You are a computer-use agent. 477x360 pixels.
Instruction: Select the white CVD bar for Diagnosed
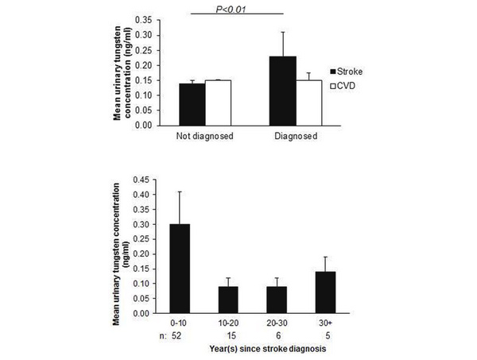pos(309,103)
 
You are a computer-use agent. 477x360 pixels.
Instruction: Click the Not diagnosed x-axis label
pos(204,136)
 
